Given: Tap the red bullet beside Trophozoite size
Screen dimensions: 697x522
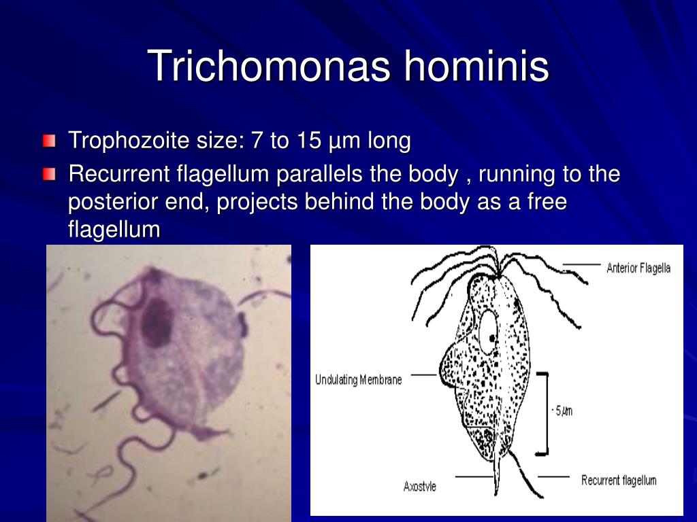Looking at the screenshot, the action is pos(49,141).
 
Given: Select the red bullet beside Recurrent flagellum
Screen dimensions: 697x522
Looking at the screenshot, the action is pos(49,174).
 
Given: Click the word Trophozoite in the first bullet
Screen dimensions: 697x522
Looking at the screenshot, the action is pos(129,141).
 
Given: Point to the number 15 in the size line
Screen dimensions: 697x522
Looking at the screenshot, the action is pos(310,140).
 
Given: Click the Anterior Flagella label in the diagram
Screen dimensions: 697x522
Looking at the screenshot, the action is pos(638,268).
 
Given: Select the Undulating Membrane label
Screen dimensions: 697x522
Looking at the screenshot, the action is pos(358,380).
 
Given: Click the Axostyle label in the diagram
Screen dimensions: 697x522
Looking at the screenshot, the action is pos(419,487).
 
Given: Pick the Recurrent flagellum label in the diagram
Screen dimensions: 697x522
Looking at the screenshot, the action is pos(619,481).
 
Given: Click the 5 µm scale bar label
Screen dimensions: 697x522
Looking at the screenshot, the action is pos(562,411).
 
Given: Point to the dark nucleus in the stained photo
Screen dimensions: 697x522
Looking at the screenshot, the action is pos(157,322).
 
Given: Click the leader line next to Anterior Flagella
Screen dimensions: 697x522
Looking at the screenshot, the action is pos(581,265).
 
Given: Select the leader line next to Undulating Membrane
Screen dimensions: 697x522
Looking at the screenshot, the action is pos(423,375).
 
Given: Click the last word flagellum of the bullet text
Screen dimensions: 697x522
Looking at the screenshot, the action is pos(114,230).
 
